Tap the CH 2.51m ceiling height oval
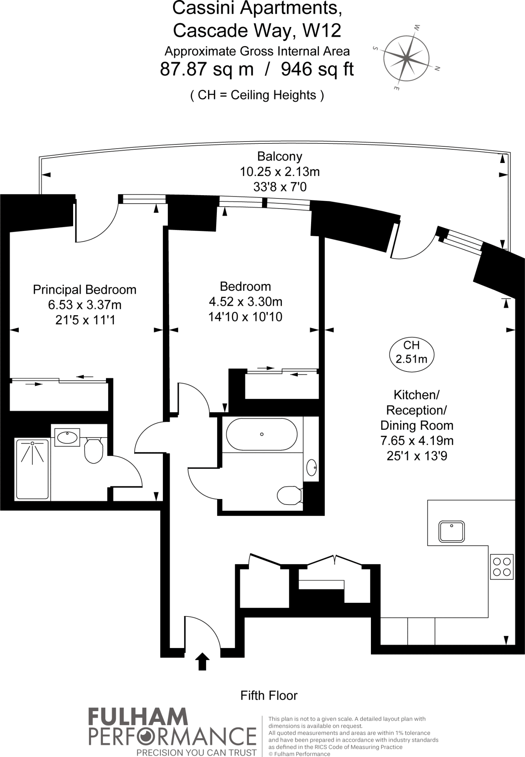412,352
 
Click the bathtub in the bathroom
262,434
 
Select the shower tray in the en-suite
32,469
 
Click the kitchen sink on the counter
451,532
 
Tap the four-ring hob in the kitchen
502,567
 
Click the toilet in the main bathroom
289,495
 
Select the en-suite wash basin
67,438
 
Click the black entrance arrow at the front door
202,661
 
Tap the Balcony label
280,156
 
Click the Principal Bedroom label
85,289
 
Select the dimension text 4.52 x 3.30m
245,302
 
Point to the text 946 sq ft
317,69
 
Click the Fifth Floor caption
269,696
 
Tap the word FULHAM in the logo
138,717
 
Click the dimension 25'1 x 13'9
417,456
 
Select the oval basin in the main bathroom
312,468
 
